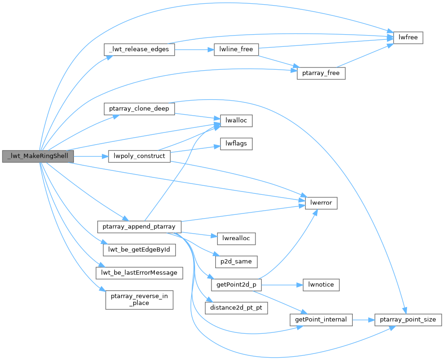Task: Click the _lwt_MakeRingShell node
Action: (x=38, y=156)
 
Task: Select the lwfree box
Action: (x=408, y=38)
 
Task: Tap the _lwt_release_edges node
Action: (x=139, y=50)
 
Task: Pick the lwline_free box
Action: (x=236, y=50)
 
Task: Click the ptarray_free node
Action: (x=321, y=73)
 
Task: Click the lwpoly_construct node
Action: (x=139, y=156)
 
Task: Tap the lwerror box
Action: (x=321, y=203)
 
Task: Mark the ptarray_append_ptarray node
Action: (x=139, y=227)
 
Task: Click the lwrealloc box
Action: (x=236, y=238)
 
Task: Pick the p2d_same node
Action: (x=236, y=262)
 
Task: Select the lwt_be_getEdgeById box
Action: (x=139, y=250)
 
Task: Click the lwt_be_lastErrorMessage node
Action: (x=139, y=272)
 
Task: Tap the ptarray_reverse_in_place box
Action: (x=139, y=299)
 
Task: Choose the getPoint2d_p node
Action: (x=236, y=285)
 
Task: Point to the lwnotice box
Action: (x=321, y=285)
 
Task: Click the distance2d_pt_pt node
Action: (x=236, y=308)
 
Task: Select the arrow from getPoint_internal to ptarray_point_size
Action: (x=363, y=320)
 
